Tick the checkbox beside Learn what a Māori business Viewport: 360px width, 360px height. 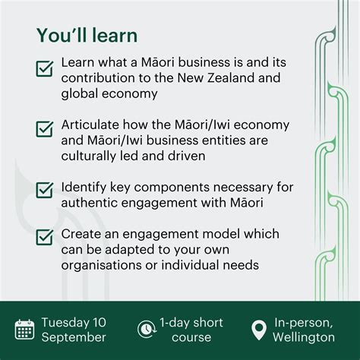[44, 70]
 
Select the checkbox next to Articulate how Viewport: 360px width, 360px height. [44, 128]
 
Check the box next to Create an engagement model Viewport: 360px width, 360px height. [44, 238]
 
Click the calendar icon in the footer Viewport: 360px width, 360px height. [24, 330]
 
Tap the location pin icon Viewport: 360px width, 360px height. [259, 330]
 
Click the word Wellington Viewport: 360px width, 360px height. [305, 337]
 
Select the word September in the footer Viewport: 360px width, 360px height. [74, 337]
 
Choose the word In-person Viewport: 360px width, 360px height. [305, 322]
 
